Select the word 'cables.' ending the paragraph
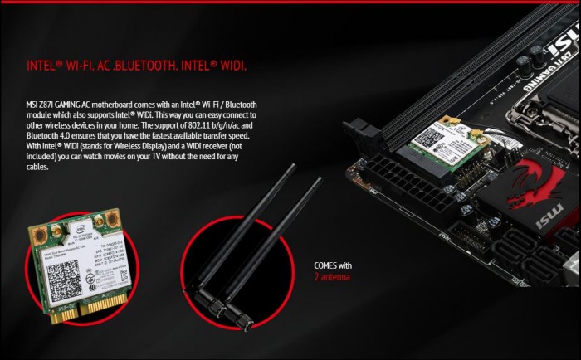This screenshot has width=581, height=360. (x=38, y=167)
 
